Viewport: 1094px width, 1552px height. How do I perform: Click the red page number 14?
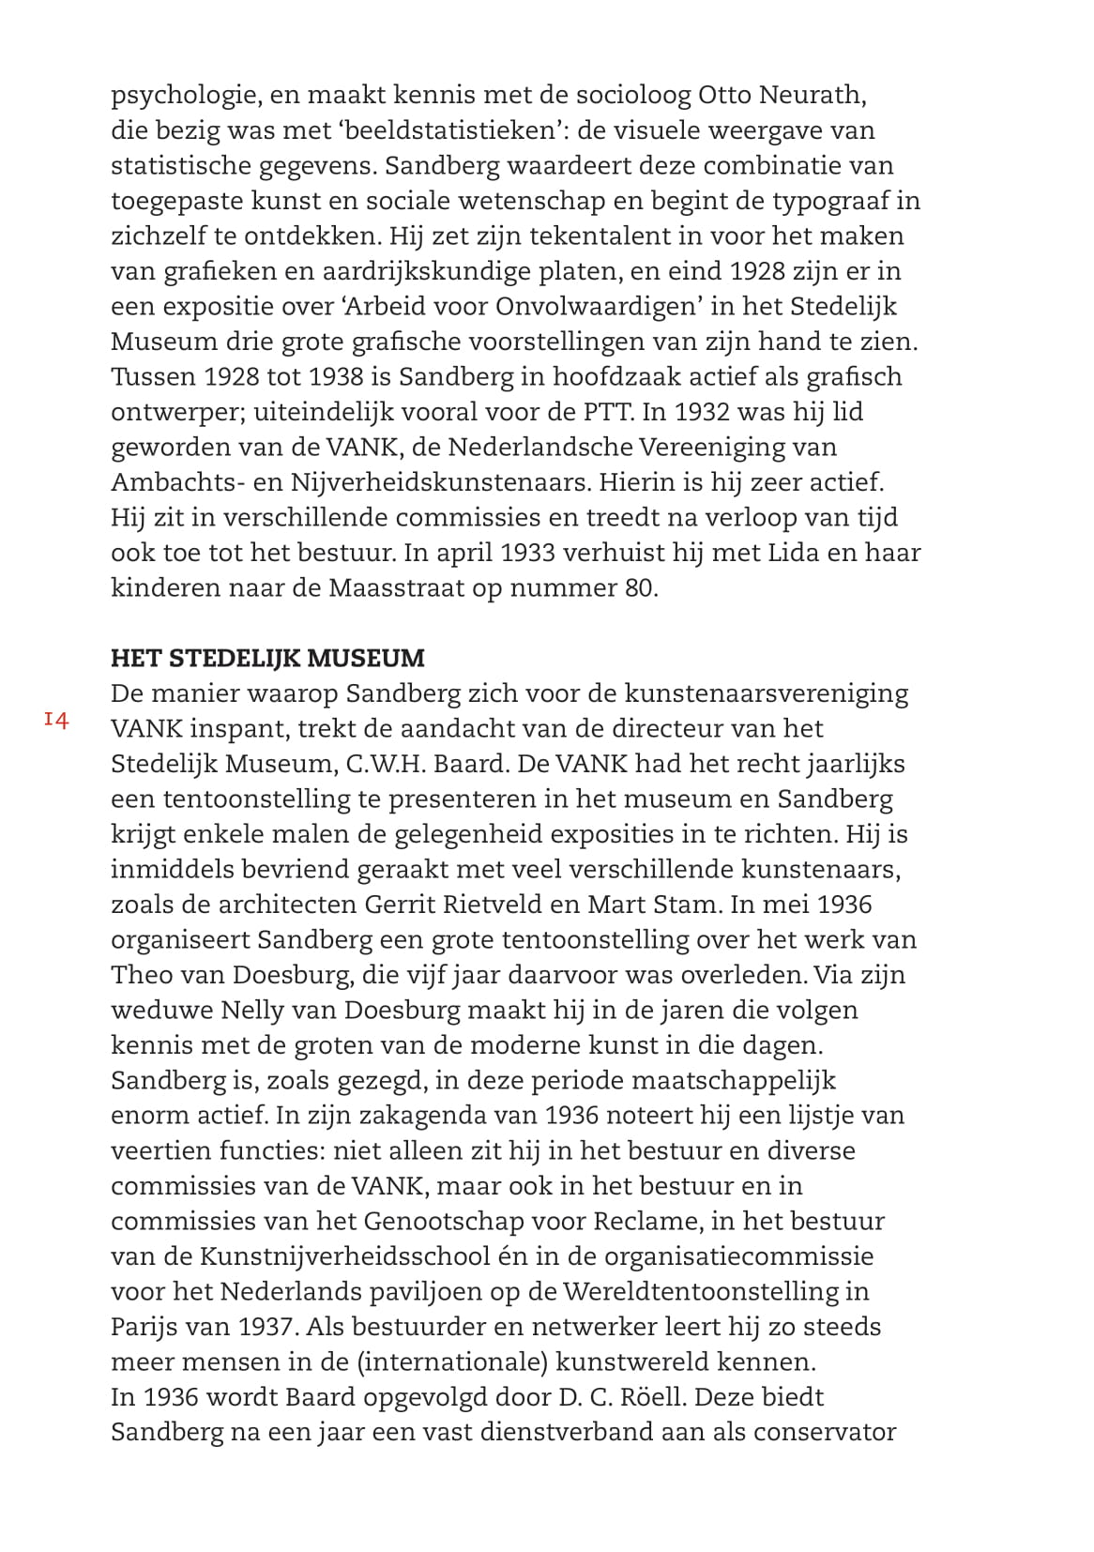click(56, 721)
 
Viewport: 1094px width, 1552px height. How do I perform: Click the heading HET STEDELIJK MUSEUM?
click(267, 658)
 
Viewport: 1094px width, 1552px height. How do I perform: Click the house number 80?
click(637, 588)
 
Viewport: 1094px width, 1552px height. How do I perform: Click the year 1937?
click(266, 1328)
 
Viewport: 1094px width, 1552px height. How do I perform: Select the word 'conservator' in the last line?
click(825, 1433)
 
